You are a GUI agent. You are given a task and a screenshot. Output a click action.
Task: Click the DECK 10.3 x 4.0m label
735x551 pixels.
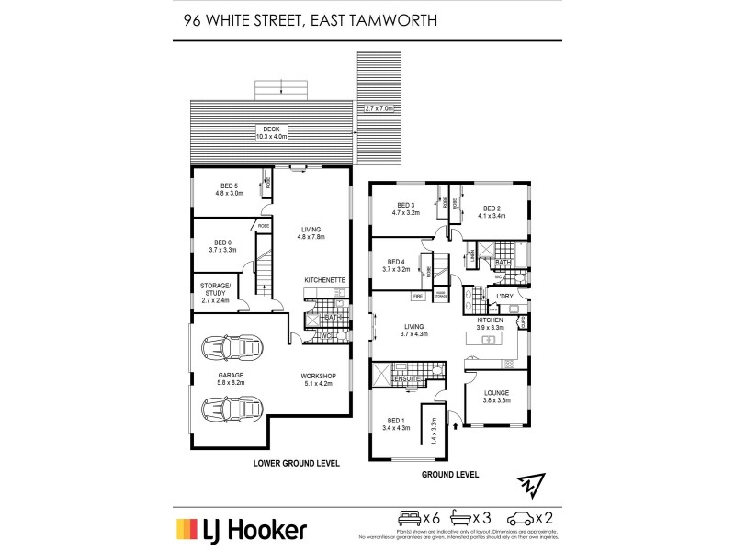[271, 133]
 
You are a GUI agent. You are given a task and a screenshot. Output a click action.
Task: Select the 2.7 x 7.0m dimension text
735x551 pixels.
[379, 108]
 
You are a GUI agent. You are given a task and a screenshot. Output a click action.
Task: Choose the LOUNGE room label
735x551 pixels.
[496, 397]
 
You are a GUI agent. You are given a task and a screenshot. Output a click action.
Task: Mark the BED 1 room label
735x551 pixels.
[396, 423]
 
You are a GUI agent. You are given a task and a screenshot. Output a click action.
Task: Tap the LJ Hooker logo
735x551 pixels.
[242, 530]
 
